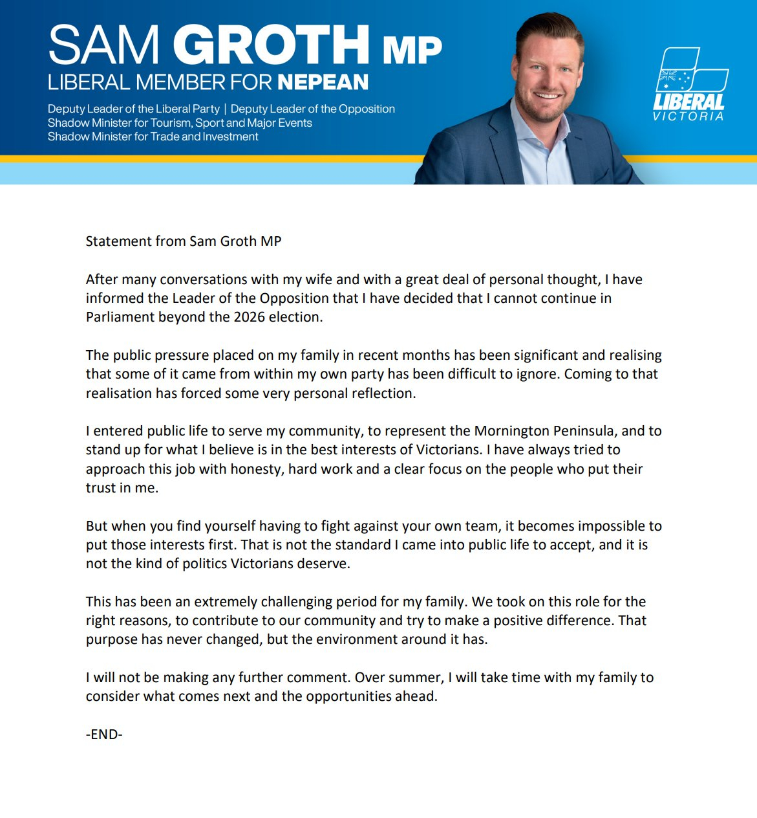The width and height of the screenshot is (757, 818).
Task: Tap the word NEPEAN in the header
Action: coord(323,82)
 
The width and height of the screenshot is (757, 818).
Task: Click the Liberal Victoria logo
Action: coord(690,84)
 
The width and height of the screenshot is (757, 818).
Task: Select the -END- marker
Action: coord(104,734)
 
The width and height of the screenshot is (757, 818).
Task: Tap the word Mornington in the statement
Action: coord(513,431)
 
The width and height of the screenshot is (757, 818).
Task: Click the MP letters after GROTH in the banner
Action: coord(412,49)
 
